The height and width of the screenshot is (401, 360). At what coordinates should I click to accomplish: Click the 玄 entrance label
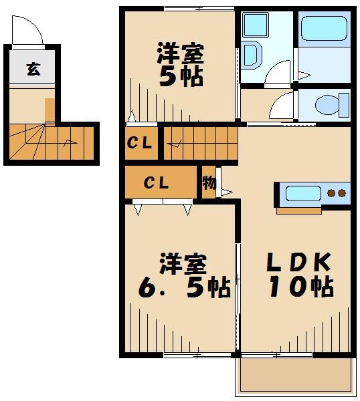pyautogui.click(x=31, y=68)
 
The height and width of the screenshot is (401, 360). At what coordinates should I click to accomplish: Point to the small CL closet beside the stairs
pyautogui.click(x=141, y=142)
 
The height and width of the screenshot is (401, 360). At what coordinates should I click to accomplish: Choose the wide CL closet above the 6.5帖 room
pyautogui.click(x=159, y=182)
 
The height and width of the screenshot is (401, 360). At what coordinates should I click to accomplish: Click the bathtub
pyautogui.click(x=323, y=29)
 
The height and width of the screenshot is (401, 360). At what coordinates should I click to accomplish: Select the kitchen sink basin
pyautogui.click(x=303, y=194)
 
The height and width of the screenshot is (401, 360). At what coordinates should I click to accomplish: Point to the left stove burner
pyautogui.click(x=331, y=194)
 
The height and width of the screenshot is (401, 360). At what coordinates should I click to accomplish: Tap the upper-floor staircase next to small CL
pyautogui.click(x=200, y=142)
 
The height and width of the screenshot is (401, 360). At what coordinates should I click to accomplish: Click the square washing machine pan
pyautogui.click(x=254, y=25)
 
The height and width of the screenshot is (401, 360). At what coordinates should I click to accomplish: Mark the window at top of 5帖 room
pyautogui.click(x=198, y=9)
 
